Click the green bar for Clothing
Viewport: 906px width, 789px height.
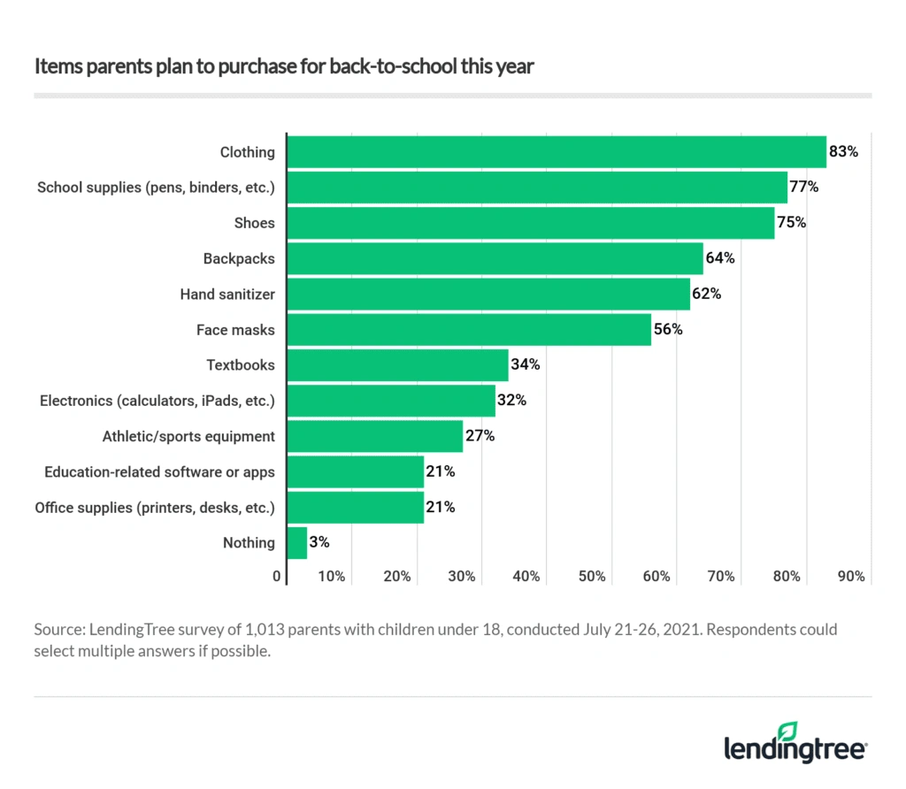click(557, 152)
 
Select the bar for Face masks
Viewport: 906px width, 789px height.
click(470, 330)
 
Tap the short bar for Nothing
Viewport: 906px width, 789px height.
click(297, 542)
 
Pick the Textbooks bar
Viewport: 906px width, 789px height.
click(398, 365)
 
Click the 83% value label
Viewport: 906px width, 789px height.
click(843, 152)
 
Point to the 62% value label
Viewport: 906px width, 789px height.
click(706, 294)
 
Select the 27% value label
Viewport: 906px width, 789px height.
click(480, 436)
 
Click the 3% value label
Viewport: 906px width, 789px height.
click(319, 542)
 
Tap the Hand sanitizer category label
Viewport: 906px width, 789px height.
click(227, 294)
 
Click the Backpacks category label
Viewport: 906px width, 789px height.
click(239, 258)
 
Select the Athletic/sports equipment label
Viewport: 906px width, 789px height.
click(188, 436)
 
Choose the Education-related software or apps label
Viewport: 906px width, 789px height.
click(159, 471)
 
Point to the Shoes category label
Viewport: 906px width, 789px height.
click(255, 223)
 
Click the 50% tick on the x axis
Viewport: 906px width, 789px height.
click(591, 577)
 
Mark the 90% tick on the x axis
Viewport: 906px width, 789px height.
click(850, 577)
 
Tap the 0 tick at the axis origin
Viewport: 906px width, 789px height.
click(277, 577)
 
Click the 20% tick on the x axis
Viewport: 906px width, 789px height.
click(397, 577)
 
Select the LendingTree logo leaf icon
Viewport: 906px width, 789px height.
click(786, 731)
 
